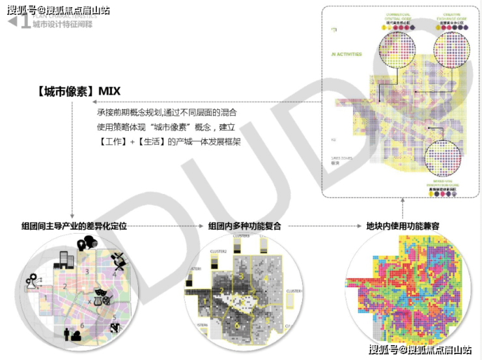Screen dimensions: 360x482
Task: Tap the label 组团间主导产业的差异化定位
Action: click(x=74, y=226)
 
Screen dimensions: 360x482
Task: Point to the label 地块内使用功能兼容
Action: click(x=403, y=226)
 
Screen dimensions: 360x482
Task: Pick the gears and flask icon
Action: click(x=33, y=282)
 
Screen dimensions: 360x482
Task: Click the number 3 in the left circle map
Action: click(x=85, y=271)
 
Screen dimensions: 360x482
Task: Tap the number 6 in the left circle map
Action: click(x=81, y=325)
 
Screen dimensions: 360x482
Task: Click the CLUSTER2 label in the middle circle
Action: click(x=218, y=251)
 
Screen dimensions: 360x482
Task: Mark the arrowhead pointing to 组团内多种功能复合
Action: click(x=201, y=226)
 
